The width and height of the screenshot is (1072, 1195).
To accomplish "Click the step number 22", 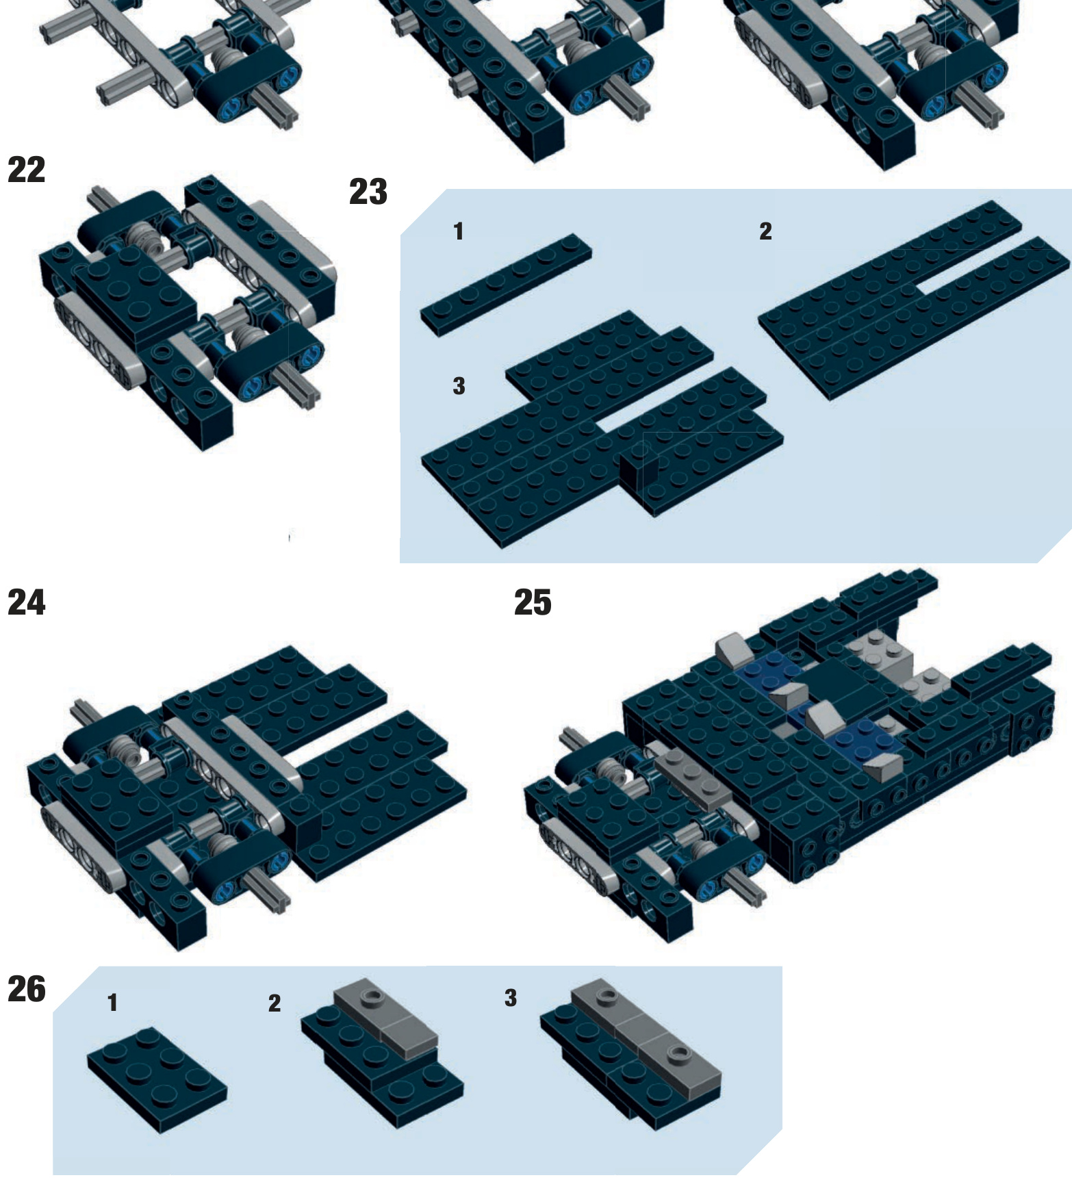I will [x=26, y=170].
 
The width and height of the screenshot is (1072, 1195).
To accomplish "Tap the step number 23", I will [x=368, y=192].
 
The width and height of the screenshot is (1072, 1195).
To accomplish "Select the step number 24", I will [x=26, y=603].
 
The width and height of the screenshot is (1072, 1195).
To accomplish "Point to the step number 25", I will [x=533, y=603].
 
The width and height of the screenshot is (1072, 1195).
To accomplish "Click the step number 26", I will [x=26, y=990].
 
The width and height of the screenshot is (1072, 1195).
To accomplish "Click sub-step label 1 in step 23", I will [x=459, y=231].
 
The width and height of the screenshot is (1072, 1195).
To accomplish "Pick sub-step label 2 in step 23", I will [x=765, y=231].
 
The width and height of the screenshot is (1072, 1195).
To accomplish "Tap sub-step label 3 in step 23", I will [x=459, y=386].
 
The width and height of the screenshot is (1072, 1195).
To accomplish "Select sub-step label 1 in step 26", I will [x=113, y=1003].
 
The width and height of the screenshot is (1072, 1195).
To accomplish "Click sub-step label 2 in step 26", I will [x=275, y=1003].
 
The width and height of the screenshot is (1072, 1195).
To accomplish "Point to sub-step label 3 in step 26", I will [x=511, y=998].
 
